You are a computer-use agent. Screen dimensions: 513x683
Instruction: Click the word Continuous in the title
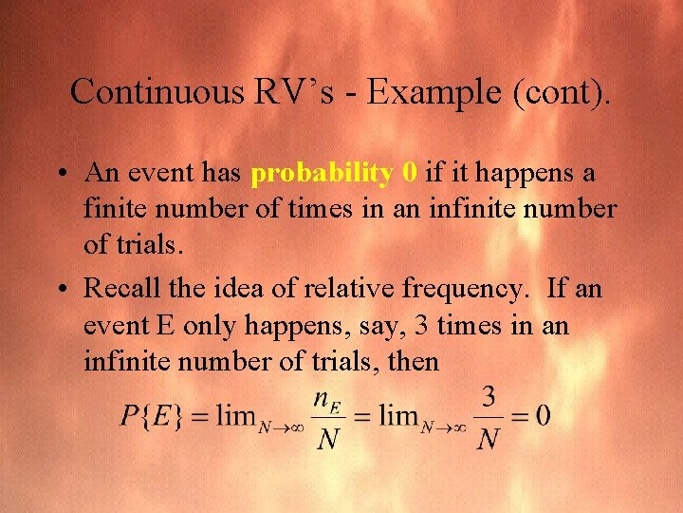157,91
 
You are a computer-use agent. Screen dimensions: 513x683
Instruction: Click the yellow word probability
322,174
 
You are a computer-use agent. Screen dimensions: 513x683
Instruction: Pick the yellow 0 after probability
410,173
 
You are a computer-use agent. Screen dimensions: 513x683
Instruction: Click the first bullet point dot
60,175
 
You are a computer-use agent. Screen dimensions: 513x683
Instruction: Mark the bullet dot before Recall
60,289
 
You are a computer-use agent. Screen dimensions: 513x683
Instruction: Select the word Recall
126,287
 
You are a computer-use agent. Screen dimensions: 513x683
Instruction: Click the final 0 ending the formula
541,416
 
